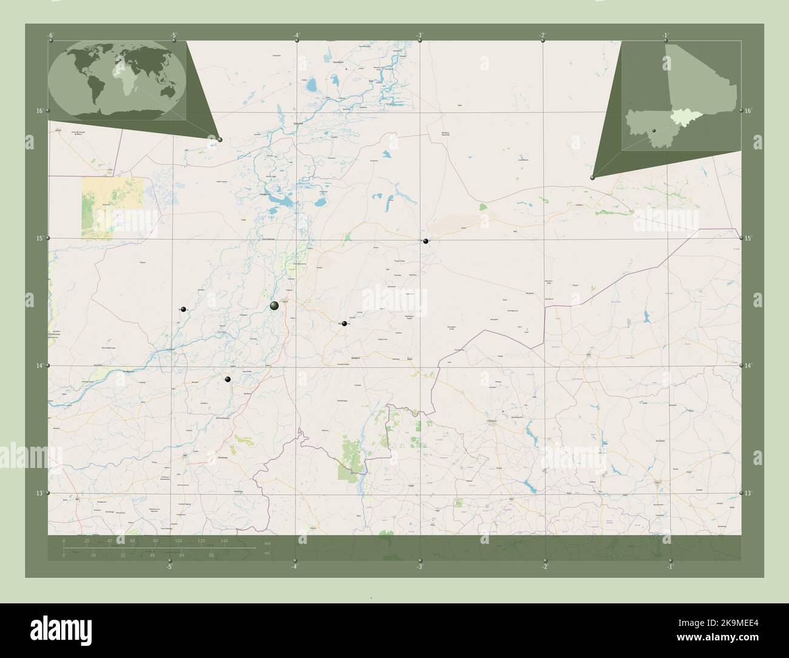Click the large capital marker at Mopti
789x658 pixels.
(274, 305)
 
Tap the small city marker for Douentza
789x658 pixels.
(426, 242)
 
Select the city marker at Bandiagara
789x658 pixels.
(344, 324)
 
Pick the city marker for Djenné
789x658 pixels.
(228, 379)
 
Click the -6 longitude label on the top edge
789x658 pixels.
(51, 35)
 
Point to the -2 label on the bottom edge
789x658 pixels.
(545, 567)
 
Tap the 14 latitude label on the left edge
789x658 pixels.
(39, 366)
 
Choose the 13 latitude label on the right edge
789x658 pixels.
(749, 493)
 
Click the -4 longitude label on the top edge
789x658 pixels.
(296, 35)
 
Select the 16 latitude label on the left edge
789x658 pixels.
(39, 111)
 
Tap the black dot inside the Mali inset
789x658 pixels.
(654, 131)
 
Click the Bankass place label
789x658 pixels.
(353, 358)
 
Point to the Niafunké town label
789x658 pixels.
(297, 122)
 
